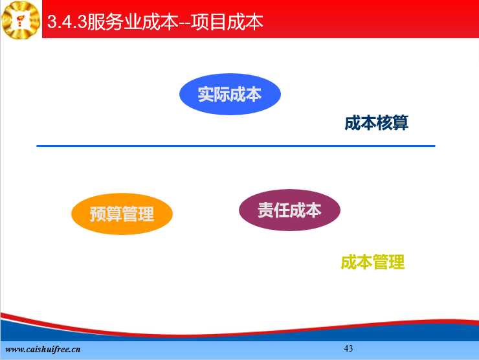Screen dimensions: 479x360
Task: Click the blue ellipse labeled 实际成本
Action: point(230,94)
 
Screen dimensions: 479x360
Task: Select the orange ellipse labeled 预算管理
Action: point(122,214)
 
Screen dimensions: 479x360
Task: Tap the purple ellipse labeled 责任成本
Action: point(289,210)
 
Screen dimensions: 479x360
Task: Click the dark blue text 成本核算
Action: point(376,123)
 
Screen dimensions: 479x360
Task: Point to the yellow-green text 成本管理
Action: point(373,262)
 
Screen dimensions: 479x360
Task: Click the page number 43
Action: point(348,348)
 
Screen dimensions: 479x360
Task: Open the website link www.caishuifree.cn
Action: point(43,349)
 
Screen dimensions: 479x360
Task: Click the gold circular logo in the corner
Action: point(21,20)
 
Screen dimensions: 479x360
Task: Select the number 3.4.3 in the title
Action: point(67,22)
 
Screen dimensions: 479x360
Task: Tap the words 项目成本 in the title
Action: point(227,22)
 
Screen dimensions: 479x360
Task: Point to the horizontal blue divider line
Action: point(236,146)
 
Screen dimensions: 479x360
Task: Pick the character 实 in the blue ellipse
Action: point(206,95)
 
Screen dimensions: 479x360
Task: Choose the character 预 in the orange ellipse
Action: point(98,214)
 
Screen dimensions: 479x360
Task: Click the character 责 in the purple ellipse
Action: point(265,210)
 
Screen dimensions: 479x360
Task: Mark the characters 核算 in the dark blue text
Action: point(392,123)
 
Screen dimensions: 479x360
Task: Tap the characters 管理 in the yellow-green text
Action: point(389,262)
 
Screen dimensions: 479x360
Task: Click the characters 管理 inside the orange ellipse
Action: point(138,214)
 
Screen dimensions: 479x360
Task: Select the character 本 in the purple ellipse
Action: point(314,210)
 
